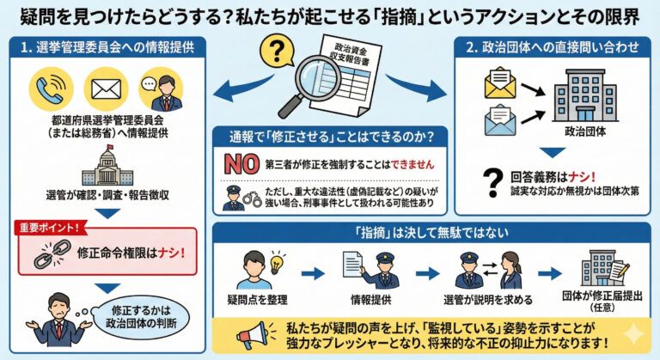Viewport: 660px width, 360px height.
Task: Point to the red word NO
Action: pos(241,162)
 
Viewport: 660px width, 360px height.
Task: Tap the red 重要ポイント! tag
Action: pos(51,228)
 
